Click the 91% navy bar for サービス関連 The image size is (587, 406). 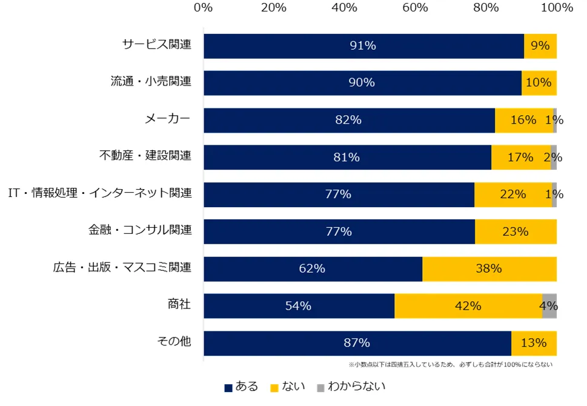[363, 46]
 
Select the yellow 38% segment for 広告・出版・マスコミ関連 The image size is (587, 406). [489, 268]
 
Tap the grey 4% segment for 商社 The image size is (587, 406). [549, 306]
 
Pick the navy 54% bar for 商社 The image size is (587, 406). [299, 306]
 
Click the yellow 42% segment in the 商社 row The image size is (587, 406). [468, 306]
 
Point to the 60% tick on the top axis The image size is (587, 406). [415, 8]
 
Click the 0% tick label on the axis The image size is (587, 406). [203, 8]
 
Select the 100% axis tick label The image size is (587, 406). [556, 8]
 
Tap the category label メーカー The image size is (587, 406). [167, 119]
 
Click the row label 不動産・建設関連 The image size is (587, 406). [145, 156]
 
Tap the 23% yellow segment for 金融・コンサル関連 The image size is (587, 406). [516, 231]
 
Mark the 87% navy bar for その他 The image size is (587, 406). [357, 343]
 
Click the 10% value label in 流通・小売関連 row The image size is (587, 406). [539, 83]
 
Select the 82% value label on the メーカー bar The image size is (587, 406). [348, 120]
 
